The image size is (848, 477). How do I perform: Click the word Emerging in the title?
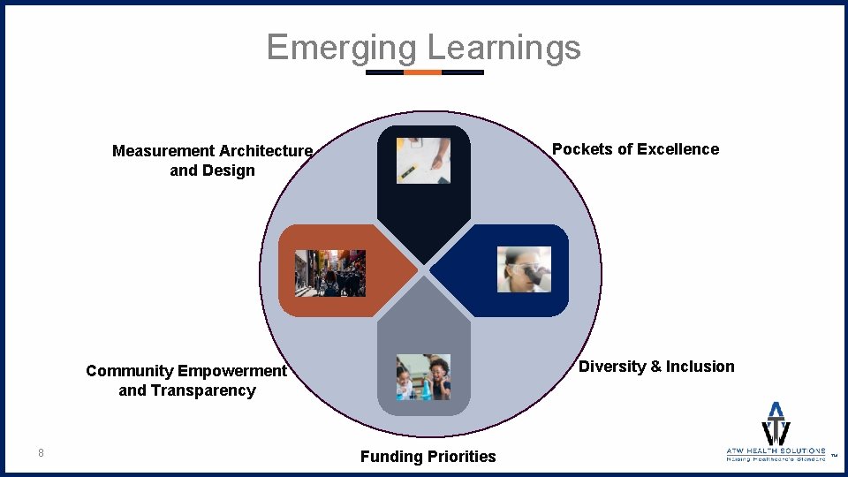coord(341,47)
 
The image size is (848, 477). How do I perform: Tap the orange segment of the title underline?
coord(422,72)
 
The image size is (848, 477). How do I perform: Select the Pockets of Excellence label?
coord(635,149)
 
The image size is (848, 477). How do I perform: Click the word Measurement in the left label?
coord(163,151)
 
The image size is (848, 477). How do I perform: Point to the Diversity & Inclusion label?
coord(656,367)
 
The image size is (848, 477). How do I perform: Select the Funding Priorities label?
coord(428,457)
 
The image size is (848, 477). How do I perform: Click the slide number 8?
coord(41,453)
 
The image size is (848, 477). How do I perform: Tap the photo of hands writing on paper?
coord(424,160)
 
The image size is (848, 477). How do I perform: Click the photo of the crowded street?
coord(330,272)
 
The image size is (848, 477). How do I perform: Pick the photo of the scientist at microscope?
coord(525,270)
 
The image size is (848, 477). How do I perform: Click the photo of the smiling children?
coord(424,377)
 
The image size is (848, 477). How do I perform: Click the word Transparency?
coord(211,390)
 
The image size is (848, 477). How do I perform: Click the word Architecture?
coord(266,151)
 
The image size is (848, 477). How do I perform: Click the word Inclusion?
coord(700,367)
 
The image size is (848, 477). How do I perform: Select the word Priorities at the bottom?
coord(461,457)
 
